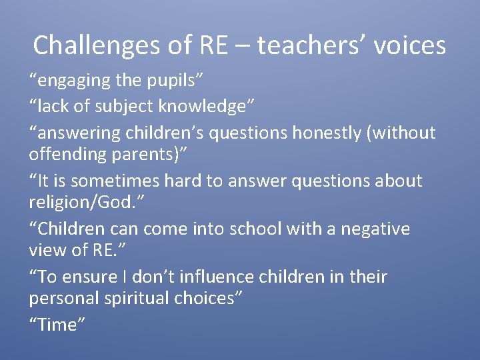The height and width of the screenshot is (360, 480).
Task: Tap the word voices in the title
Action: point(410,45)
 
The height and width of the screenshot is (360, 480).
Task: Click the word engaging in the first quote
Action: point(71,81)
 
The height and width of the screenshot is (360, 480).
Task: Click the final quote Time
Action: point(58,324)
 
